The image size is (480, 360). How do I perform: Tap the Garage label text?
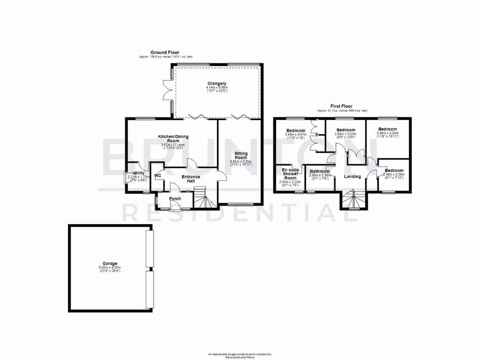coord(110,263)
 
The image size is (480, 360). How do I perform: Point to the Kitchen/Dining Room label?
coord(173,138)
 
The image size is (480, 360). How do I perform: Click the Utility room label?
coord(139,173)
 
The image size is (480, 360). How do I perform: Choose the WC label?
coord(157,176)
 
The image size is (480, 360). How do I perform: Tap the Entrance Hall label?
coord(191,179)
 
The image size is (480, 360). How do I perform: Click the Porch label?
coord(175,199)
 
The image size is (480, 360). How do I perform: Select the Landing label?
coord(352,176)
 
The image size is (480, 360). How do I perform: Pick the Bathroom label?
coord(319,171)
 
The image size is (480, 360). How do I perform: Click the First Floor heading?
coord(341,106)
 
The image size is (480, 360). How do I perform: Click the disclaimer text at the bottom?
coord(240,355)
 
